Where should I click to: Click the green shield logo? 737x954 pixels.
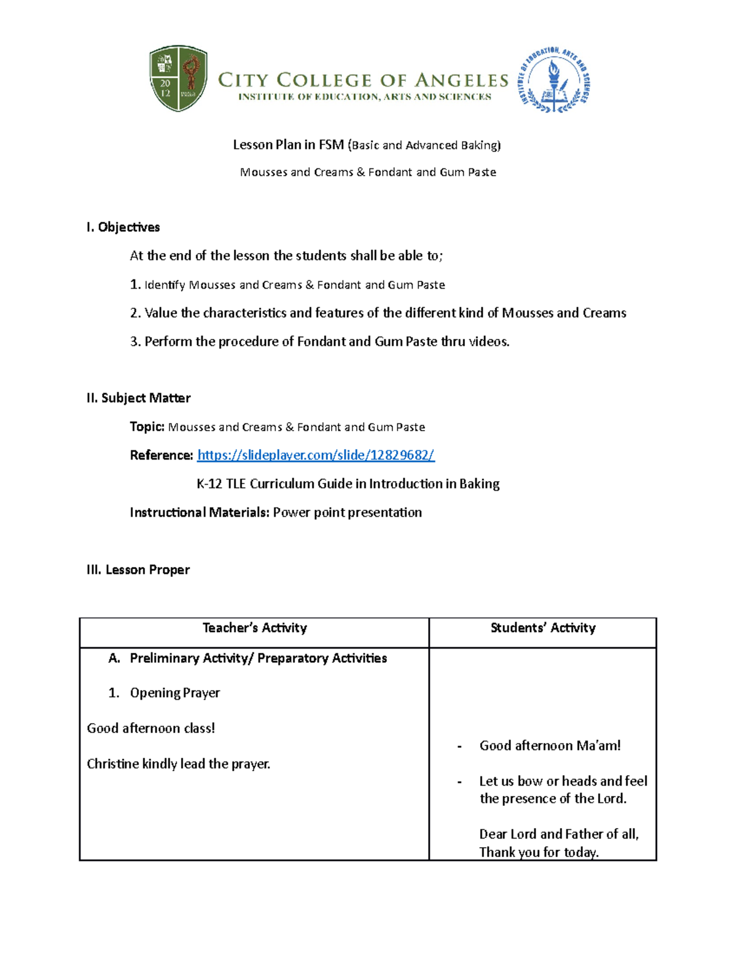pyautogui.click(x=178, y=78)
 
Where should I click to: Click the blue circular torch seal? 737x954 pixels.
pyautogui.click(x=555, y=80)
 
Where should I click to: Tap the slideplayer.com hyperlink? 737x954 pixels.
pyautogui.click(x=316, y=455)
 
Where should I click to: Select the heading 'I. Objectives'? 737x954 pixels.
pyautogui.click(x=123, y=227)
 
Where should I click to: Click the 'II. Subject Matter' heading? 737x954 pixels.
pyautogui.click(x=138, y=398)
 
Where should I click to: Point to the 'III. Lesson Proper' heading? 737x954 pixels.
pyautogui.click(x=138, y=570)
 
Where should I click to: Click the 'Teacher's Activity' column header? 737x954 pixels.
pyautogui.click(x=254, y=628)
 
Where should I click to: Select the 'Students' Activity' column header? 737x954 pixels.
pyautogui.click(x=543, y=628)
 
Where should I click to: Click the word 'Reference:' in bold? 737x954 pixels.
pyautogui.click(x=162, y=455)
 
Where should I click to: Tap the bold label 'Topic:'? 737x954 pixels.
pyautogui.click(x=147, y=427)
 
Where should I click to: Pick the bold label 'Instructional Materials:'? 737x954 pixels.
pyautogui.click(x=200, y=512)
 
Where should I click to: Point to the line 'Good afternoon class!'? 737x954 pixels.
pyautogui.click(x=150, y=729)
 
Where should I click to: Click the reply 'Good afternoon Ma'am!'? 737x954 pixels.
pyautogui.click(x=550, y=746)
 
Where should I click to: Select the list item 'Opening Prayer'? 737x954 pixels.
pyautogui.click(x=174, y=693)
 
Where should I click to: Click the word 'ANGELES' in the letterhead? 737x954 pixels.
pyautogui.click(x=461, y=80)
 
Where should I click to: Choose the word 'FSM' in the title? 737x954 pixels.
pyautogui.click(x=331, y=145)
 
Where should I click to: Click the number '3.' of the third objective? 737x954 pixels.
pyautogui.click(x=135, y=342)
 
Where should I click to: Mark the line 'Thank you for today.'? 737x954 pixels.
pyautogui.click(x=539, y=852)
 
